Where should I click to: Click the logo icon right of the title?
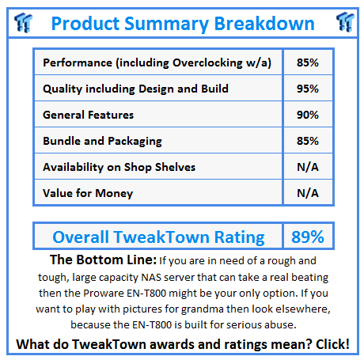(343, 21)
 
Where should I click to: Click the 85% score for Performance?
(307, 63)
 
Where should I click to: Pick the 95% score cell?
(307, 89)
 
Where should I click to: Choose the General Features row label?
(88, 115)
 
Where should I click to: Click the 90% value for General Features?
(307, 115)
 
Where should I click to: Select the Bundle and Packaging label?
(103, 141)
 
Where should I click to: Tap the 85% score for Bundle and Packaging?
(307, 141)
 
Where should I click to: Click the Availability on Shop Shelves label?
(119, 167)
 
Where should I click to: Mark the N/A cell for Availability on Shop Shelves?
(307, 167)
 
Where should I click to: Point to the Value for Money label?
(88, 193)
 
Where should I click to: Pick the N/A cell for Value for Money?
(307, 193)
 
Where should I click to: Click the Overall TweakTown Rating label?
(158, 236)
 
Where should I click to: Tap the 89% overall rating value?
(307, 236)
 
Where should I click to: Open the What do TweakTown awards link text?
(119, 344)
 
